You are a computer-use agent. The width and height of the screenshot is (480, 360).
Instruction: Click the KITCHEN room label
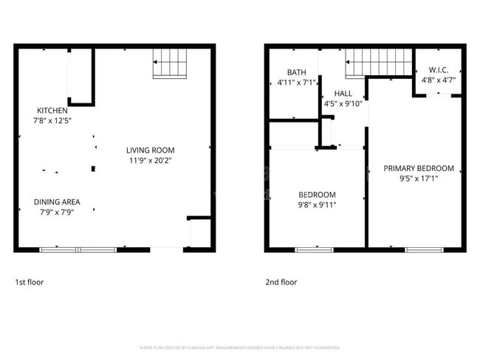coord(52,111)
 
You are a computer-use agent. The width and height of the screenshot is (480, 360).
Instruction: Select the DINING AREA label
coord(57,201)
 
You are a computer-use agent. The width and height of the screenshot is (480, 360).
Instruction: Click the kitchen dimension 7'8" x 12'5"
coord(52,120)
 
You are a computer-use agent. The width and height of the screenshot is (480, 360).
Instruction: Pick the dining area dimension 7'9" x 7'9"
coord(57,212)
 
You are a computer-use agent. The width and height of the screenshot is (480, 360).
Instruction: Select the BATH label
coord(297,72)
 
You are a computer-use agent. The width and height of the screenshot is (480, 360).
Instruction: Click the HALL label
coord(343,94)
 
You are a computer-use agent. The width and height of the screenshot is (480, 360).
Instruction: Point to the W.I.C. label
coord(438,71)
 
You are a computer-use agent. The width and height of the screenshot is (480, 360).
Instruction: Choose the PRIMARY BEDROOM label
coord(418,168)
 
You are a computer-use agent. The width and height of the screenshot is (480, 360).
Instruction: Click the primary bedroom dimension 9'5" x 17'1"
coord(418,179)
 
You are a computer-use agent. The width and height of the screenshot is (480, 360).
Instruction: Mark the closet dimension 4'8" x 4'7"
coord(438,80)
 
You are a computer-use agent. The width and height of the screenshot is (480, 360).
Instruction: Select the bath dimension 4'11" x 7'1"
coord(297,82)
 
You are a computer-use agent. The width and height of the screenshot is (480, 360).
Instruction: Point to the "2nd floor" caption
coord(281,282)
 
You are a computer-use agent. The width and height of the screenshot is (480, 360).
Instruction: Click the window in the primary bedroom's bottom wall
coord(425,249)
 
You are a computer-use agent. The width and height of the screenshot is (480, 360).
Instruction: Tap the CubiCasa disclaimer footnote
coord(239,347)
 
